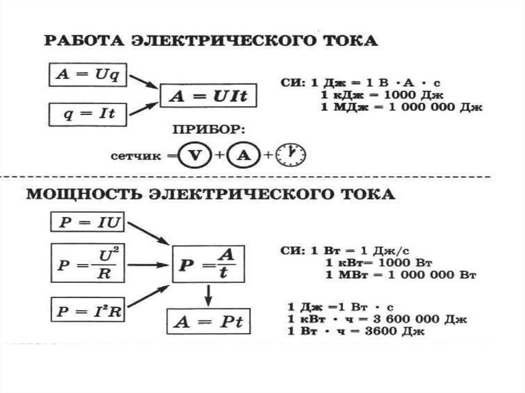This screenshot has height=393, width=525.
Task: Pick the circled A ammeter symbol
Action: (242, 155)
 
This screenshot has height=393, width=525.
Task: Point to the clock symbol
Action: (290, 155)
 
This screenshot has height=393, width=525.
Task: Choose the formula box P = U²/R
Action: (88, 264)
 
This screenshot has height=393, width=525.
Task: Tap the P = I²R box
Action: (88, 310)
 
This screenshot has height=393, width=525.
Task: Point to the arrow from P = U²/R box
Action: (149, 264)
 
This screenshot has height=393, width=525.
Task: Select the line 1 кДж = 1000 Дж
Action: (381, 95)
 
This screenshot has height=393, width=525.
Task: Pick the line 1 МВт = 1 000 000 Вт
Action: (401, 275)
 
